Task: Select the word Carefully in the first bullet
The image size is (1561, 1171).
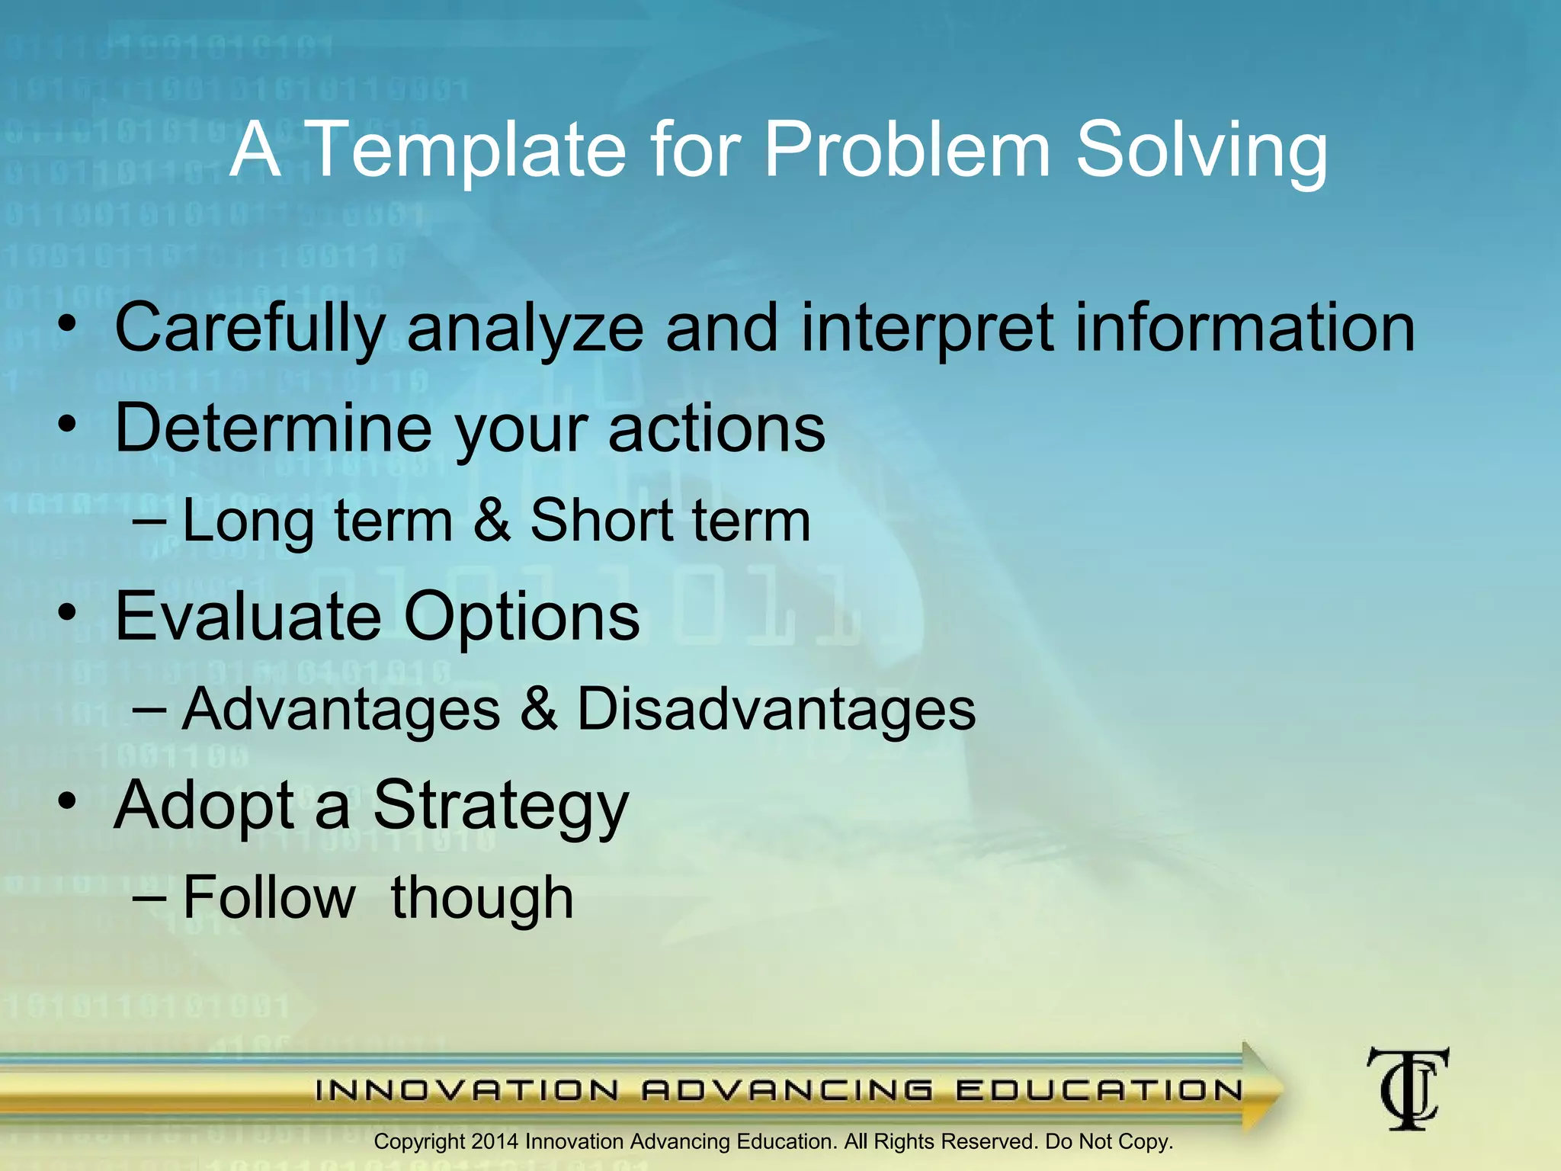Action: pyautogui.click(x=250, y=329)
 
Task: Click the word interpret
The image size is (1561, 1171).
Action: pyautogui.click(x=927, y=329)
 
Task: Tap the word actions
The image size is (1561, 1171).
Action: pyautogui.click(x=716, y=429)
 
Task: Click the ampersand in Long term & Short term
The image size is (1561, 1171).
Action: pyautogui.click(x=492, y=521)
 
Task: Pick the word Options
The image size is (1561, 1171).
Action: pyautogui.click(x=521, y=618)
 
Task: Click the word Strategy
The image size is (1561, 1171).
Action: pyautogui.click(x=501, y=807)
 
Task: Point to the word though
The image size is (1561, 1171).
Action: pyautogui.click(x=482, y=899)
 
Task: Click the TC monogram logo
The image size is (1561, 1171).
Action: pyautogui.click(x=1407, y=1089)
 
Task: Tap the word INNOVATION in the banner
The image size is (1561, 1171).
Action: pyautogui.click(x=466, y=1090)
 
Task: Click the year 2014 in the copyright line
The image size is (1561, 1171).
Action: pyautogui.click(x=495, y=1142)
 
